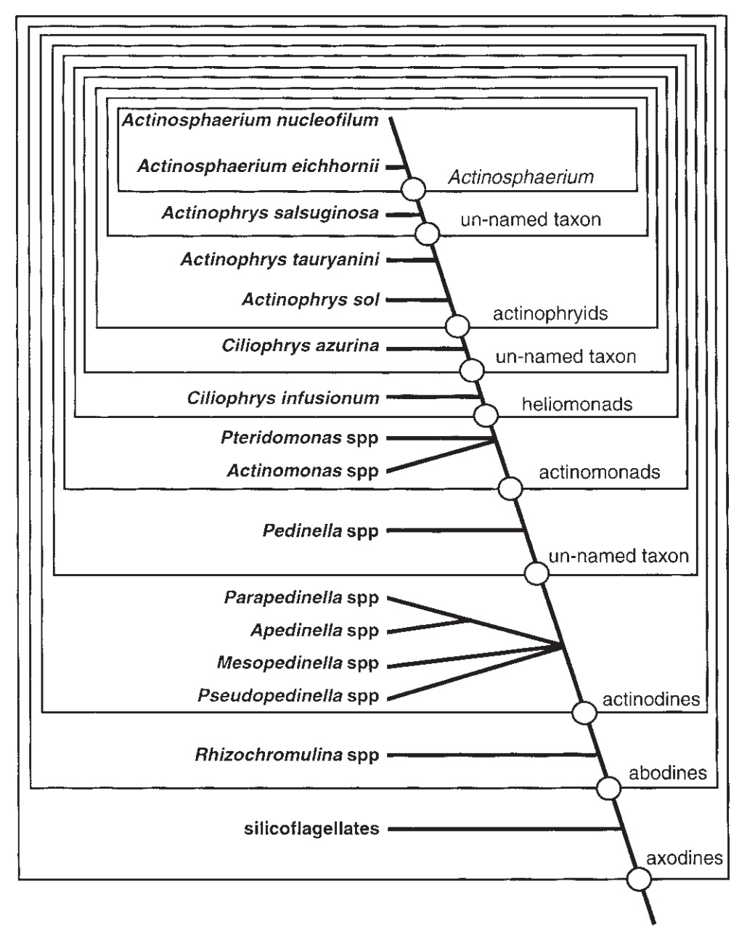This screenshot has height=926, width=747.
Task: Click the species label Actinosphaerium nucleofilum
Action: point(250,120)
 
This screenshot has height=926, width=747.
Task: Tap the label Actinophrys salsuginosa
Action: point(270,213)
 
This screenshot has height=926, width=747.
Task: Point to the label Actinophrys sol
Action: point(311,299)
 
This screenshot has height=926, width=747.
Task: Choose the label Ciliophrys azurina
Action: point(300,345)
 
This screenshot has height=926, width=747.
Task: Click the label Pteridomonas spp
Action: point(299,438)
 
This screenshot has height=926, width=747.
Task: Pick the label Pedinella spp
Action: point(320,531)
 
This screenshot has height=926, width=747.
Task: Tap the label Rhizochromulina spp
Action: point(287,755)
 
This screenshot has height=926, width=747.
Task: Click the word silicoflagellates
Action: point(310,828)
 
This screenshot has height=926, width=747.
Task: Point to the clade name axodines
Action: point(685,859)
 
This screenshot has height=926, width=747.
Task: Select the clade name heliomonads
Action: point(577,403)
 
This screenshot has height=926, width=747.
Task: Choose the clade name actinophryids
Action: point(550,314)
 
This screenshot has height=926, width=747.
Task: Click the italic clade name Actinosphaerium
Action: point(521,177)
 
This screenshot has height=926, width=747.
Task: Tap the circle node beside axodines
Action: point(639,880)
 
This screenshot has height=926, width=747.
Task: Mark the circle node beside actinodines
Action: point(584,713)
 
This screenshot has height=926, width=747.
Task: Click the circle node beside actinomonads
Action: point(510,488)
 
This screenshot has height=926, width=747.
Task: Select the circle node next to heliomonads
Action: point(485,416)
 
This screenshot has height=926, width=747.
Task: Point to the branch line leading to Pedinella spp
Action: point(456,530)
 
